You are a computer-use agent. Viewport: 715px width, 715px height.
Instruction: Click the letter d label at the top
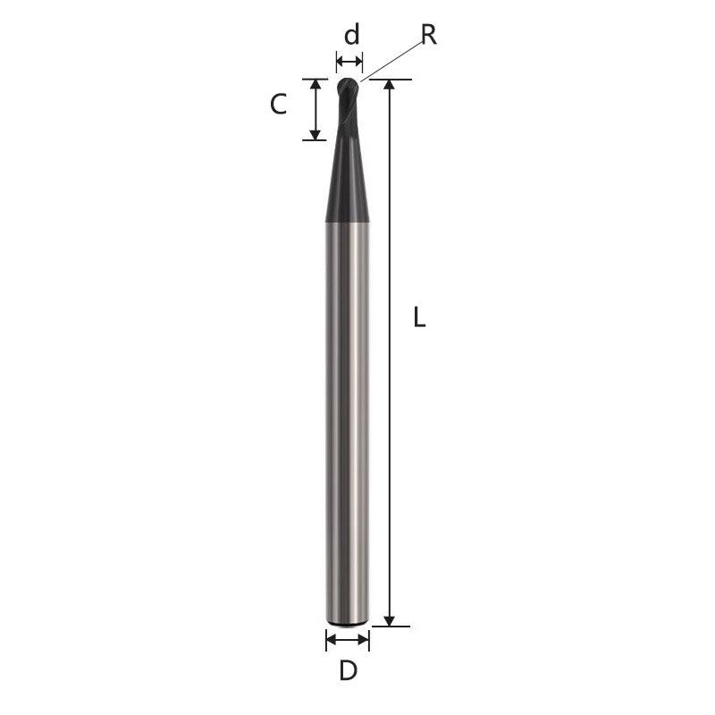[x=352, y=35]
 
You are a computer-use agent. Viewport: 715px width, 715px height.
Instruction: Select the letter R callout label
[x=428, y=35]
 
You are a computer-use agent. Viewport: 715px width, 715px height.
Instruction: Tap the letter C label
[x=278, y=105]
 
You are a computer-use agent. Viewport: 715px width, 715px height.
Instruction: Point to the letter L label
[x=419, y=316]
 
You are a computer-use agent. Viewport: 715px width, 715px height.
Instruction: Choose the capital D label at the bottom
[x=349, y=670]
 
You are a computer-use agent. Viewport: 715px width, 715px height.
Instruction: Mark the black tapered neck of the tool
[x=348, y=179]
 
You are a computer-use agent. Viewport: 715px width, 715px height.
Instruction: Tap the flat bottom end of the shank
[x=348, y=621]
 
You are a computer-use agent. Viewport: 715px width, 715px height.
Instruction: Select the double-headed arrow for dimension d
[x=349, y=62]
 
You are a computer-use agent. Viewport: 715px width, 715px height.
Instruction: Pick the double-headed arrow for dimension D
[x=348, y=639]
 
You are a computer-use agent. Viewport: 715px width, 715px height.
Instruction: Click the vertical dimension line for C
[x=315, y=109]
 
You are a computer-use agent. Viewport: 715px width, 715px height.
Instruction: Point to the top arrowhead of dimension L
[x=390, y=85]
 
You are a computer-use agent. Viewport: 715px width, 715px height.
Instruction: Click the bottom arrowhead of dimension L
[x=390, y=620]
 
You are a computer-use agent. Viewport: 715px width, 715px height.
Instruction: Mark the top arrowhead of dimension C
[x=315, y=84]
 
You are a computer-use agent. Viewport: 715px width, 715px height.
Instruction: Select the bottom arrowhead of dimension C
[x=315, y=134]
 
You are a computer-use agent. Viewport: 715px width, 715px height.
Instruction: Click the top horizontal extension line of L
[x=393, y=80]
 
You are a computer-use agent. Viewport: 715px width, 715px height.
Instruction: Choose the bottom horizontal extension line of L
[x=393, y=626]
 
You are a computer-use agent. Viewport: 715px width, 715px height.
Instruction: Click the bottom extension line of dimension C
[x=315, y=139]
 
